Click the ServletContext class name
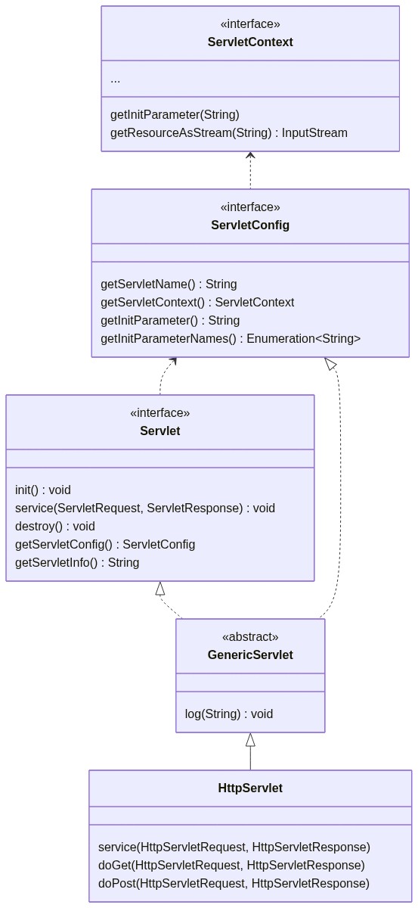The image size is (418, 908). coord(250,42)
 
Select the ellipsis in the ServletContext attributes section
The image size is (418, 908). coord(115,80)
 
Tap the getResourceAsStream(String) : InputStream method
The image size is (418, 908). coord(229,133)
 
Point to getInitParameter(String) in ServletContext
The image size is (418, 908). coord(175,115)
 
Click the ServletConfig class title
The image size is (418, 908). coord(250,225)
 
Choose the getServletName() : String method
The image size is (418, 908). coord(169,285)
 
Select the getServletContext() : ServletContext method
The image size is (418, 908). coord(197,303)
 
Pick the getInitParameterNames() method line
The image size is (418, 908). coord(231,338)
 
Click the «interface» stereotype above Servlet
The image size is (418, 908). coord(159,412)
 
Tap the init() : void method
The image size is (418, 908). coord(43,490)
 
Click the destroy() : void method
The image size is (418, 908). coord(54,526)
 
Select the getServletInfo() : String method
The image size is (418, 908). coord(77,563)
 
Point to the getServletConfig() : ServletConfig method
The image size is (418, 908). coord(105,544)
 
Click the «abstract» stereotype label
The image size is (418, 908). coord(250,637)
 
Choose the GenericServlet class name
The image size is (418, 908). coord(250,655)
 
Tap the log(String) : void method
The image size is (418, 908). coord(229,714)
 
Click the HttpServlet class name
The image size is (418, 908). coord(250,788)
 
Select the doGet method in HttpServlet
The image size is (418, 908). coord(231,865)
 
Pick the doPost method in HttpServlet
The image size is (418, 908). coord(234,883)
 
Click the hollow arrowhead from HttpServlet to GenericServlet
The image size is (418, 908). coord(250,740)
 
